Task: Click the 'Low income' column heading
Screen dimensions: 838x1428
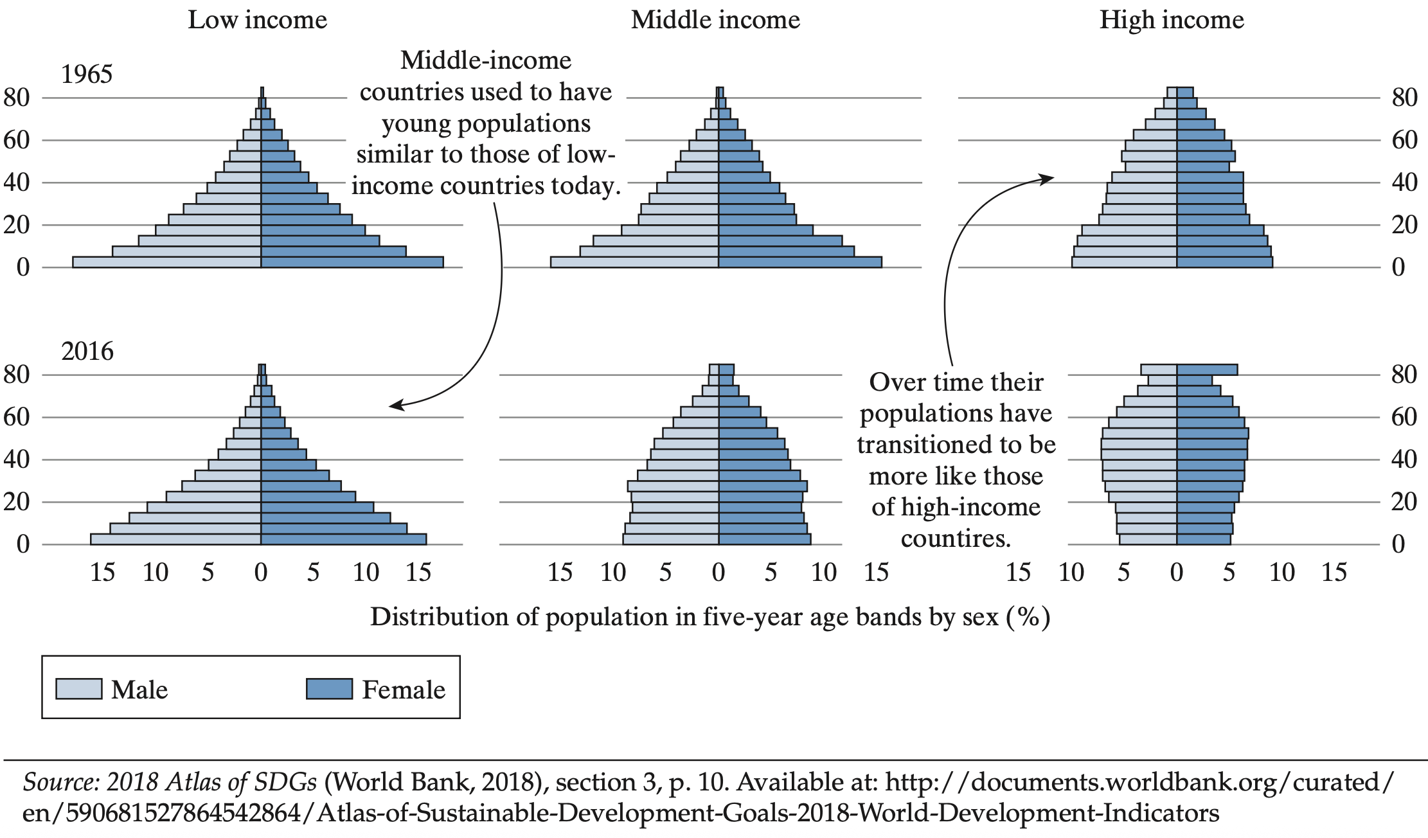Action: [257, 20]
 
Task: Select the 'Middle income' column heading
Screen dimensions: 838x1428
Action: [715, 20]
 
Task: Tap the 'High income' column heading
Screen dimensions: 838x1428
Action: [1172, 20]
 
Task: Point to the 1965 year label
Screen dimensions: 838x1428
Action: [87, 75]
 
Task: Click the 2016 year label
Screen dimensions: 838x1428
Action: [87, 352]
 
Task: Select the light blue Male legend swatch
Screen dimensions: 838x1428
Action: [78, 689]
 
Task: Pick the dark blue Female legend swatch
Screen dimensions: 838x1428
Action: [329, 689]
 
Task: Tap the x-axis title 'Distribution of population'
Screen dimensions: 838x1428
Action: [710, 617]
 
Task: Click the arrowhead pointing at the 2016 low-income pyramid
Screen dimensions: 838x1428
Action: [395, 406]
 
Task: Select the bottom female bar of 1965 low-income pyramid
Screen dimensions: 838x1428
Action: [352, 262]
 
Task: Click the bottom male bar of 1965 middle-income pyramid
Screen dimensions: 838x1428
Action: [634, 262]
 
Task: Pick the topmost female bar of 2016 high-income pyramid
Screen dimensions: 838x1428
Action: [1206, 370]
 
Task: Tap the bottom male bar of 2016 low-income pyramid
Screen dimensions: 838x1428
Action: [175, 539]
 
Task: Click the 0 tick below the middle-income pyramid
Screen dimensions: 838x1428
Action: [718, 573]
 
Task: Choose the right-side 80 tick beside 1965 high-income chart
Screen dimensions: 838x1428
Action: [1404, 98]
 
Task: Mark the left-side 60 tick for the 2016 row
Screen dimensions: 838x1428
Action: [17, 417]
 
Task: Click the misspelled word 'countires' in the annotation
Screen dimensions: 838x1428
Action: [956, 539]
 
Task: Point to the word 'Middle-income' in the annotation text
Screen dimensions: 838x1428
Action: [486, 61]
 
